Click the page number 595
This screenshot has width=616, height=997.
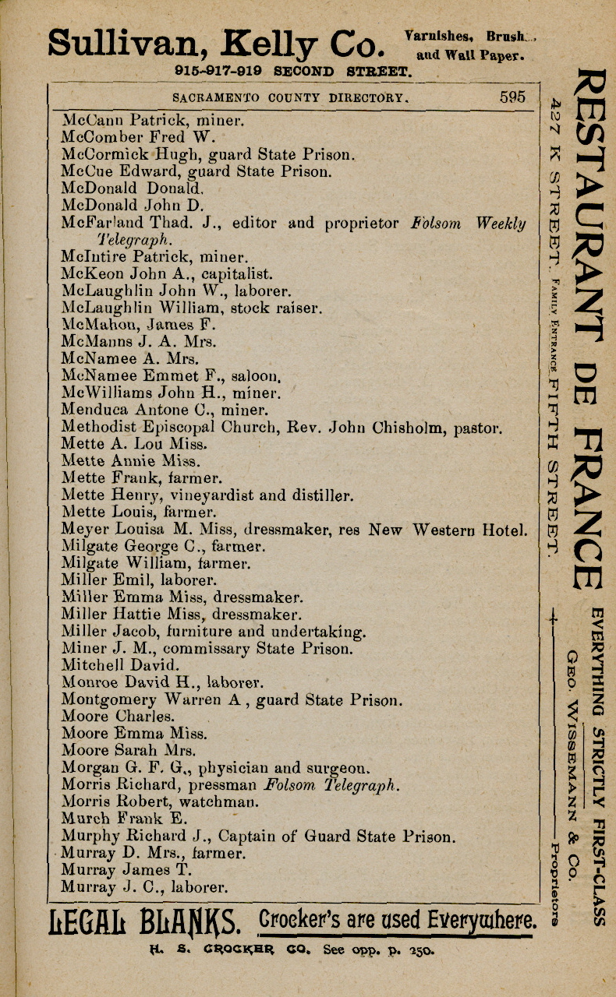tap(512, 97)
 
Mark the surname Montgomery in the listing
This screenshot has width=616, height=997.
tap(108, 699)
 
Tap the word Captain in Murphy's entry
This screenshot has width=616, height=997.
tap(246, 837)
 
